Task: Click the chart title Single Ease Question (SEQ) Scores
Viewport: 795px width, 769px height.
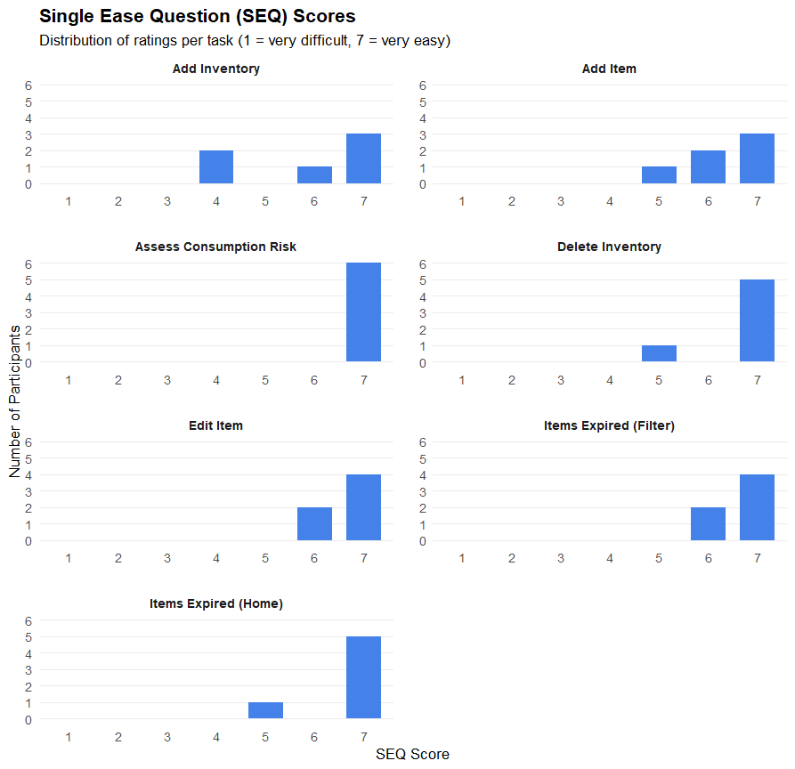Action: pyautogui.click(x=197, y=17)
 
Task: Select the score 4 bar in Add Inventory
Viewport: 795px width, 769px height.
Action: pyautogui.click(x=216, y=167)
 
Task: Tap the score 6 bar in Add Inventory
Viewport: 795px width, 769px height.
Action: pyautogui.click(x=314, y=175)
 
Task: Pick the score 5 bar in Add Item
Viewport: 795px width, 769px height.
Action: pyautogui.click(x=659, y=175)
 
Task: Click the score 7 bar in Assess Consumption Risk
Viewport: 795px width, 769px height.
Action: pyautogui.click(x=363, y=312)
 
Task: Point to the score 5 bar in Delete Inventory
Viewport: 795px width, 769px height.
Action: pyautogui.click(x=659, y=353)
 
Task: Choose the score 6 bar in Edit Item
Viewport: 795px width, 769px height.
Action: pyautogui.click(x=314, y=524)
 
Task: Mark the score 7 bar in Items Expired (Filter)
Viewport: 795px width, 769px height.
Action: pyautogui.click(x=757, y=507)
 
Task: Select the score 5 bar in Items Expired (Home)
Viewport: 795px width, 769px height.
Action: pyautogui.click(x=265, y=710)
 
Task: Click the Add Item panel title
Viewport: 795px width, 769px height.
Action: pyautogui.click(x=609, y=69)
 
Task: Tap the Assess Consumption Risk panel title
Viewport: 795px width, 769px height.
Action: pyautogui.click(x=215, y=247)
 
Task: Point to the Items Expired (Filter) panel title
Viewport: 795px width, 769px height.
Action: pyautogui.click(x=609, y=425)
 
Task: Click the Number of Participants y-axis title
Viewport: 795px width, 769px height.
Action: pyautogui.click(x=15, y=401)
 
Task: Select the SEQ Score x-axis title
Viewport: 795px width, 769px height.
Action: pyautogui.click(x=412, y=755)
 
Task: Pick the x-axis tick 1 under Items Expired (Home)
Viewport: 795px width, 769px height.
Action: pyautogui.click(x=69, y=737)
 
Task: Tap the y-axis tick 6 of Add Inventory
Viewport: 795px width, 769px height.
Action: pyautogui.click(x=28, y=85)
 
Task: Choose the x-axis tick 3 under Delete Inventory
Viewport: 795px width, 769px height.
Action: pyautogui.click(x=561, y=380)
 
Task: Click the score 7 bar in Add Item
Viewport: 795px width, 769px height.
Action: pyautogui.click(x=757, y=158)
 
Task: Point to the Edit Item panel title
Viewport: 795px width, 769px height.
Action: pyautogui.click(x=215, y=425)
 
